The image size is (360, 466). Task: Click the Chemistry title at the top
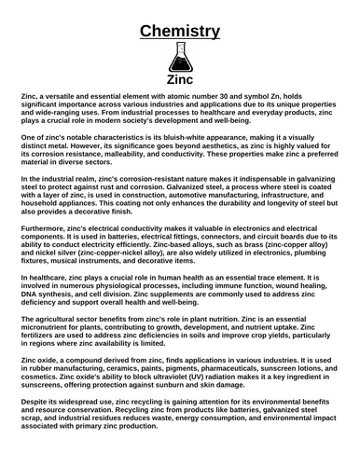click(x=180, y=33)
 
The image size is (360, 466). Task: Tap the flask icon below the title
click(x=180, y=59)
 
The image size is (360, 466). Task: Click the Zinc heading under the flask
click(x=180, y=80)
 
